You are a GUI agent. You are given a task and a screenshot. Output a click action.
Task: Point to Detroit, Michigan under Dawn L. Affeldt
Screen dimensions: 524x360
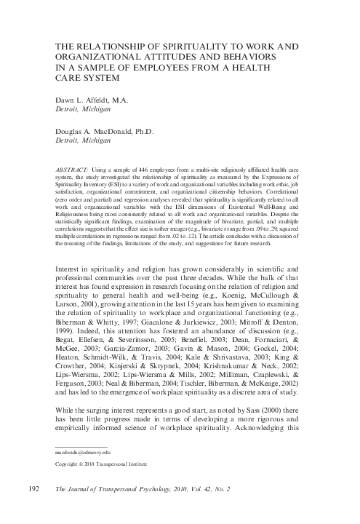(x=86, y=111)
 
